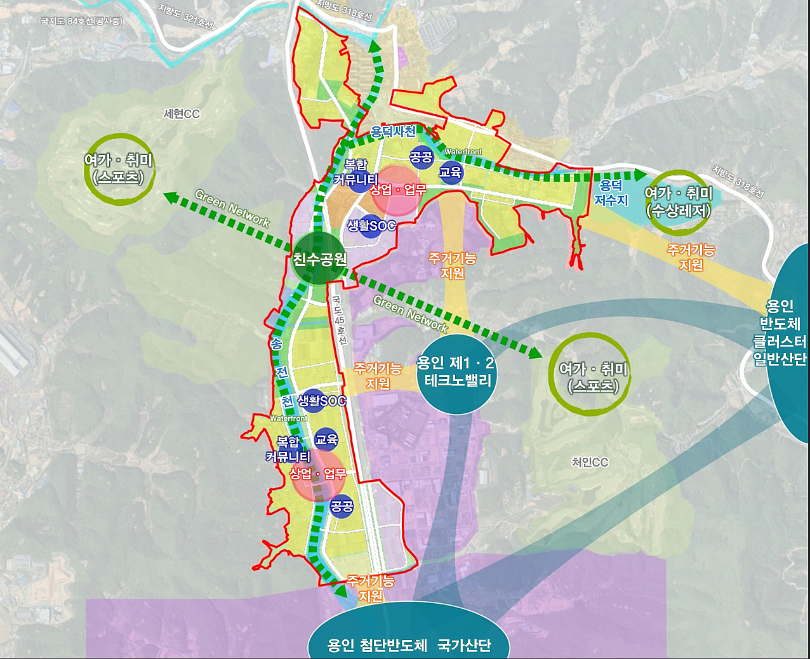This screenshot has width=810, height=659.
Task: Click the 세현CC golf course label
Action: [182, 114]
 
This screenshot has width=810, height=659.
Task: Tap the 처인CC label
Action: [590, 462]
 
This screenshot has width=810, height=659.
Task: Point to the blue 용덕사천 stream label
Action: [394, 131]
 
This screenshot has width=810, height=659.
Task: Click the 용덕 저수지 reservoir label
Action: [611, 192]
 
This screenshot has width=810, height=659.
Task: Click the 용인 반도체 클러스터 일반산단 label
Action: [780, 332]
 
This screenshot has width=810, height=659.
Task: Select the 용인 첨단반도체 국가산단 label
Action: [409, 646]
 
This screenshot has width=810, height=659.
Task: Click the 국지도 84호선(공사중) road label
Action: [81, 21]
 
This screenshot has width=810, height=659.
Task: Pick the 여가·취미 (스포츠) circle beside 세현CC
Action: [119, 169]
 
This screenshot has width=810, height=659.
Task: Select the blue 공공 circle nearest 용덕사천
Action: [421, 157]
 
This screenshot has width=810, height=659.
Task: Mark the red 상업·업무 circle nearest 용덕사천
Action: [399, 189]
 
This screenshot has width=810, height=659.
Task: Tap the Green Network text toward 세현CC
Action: [232, 208]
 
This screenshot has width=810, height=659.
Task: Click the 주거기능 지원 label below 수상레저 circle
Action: [691, 257]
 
